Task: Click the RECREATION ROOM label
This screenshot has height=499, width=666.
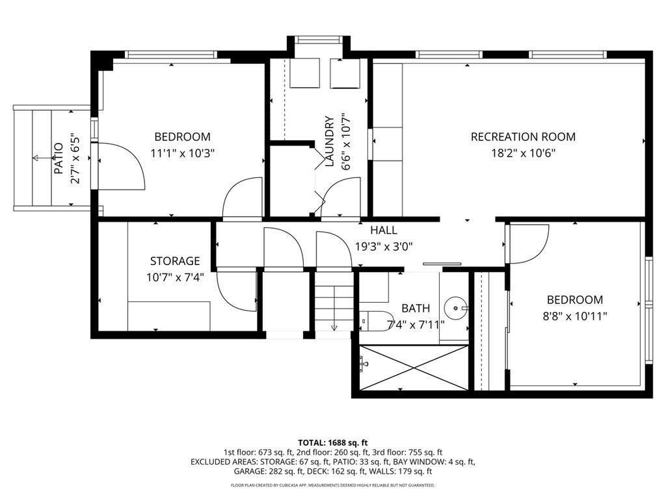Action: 523,136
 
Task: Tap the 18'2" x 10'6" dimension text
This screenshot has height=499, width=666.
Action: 523,153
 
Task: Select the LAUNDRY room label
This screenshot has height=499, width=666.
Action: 329,142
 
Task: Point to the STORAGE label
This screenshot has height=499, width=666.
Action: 175,261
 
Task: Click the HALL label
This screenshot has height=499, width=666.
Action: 384,230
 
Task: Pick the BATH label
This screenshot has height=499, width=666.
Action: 415,308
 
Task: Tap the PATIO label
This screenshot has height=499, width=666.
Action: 59,159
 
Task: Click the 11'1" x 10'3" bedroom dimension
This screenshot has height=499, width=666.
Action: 182,153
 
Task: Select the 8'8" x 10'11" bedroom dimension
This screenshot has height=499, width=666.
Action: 574,316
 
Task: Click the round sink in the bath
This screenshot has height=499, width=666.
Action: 457,305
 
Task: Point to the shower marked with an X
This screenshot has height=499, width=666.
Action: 414,368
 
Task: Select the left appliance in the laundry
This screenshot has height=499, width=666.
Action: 304,73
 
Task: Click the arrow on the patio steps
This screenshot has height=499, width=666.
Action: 37,158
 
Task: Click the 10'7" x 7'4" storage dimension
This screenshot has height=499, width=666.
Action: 175,277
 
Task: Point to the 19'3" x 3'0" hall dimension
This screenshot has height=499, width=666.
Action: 384,246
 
